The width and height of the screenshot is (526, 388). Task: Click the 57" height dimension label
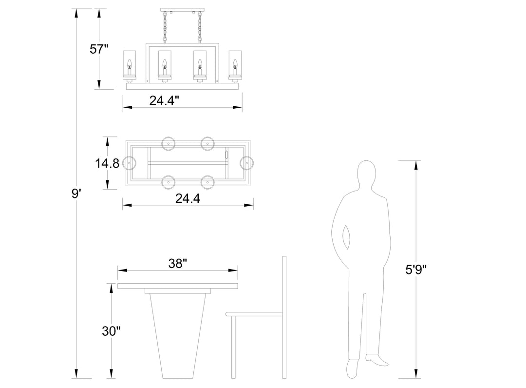(x=99, y=49)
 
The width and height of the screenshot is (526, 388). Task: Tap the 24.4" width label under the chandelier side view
(x=165, y=100)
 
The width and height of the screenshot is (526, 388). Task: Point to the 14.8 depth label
(x=107, y=163)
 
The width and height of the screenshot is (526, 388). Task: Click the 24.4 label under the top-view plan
(x=188, y=199)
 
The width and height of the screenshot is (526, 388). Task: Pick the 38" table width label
(x=177, y=264)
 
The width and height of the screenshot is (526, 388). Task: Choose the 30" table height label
(x=111, y=331)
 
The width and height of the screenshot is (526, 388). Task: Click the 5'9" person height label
(x=416, y=269)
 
